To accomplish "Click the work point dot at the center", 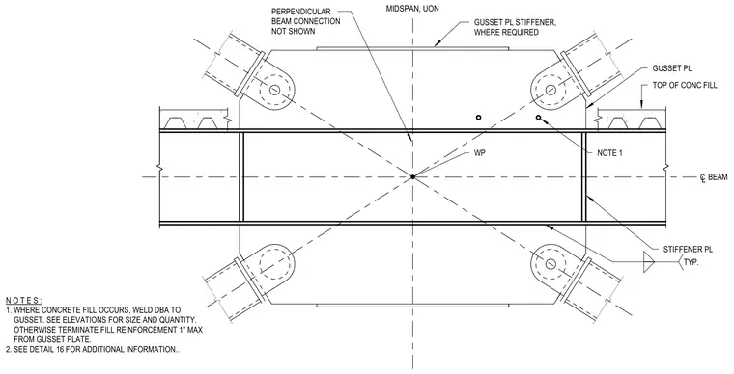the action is pos(412,177).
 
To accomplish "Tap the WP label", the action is pos(480,153).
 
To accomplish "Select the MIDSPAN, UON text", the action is pos(412,9).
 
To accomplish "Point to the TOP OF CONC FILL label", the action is pos(685,86).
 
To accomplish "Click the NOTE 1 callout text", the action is pos(610,153).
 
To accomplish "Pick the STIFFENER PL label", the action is pos(688,250).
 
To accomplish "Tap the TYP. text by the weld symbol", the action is pos(691,262).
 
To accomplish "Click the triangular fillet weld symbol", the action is pos(649,262).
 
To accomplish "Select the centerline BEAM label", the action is pos(714,177).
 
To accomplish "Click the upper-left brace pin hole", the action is pos(274,89).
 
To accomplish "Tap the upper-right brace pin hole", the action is pos(550,89).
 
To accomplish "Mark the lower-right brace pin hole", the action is pos(550,264).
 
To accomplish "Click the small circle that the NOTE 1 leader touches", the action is pos(538,118).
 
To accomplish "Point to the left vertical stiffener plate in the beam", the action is pos(241,177).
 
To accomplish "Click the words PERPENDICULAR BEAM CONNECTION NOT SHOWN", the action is pos(306,21).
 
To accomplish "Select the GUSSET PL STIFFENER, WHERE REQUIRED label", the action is pos(515,27).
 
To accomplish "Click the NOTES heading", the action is pos(24,300).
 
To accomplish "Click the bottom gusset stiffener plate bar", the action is pos(412,306).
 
